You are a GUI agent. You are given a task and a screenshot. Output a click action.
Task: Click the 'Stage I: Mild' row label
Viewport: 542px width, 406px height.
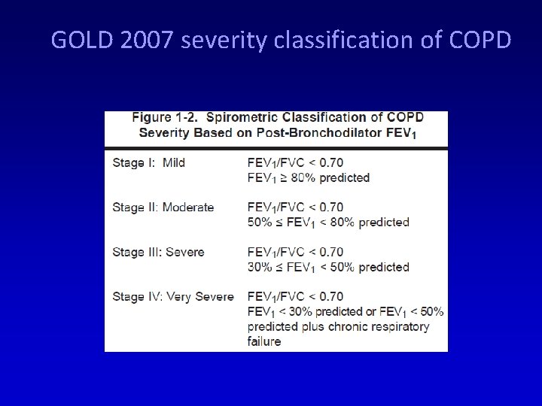coord(148,162)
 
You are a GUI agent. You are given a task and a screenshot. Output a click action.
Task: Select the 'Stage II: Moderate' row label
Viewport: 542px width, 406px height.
coord(163,207)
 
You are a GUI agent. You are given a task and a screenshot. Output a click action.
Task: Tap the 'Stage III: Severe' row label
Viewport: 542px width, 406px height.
coord(158,252)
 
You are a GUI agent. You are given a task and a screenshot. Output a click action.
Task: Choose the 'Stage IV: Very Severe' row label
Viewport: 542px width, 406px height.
coord(173,296)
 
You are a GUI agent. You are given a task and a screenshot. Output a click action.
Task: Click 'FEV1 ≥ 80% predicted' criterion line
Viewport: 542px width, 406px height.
coord(309,177)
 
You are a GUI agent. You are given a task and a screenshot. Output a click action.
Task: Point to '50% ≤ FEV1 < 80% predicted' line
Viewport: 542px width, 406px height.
coord(328,222)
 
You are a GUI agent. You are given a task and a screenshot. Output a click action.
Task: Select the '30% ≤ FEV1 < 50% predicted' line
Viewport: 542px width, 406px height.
coord(328,267)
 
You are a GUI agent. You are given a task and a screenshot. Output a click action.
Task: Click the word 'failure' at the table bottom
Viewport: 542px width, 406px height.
coord(264,341)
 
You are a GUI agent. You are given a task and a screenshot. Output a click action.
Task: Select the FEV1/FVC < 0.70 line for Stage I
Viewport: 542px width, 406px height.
coord(295,162)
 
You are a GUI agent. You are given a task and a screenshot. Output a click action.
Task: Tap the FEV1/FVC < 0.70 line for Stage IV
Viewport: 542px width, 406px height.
coord(295,296)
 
